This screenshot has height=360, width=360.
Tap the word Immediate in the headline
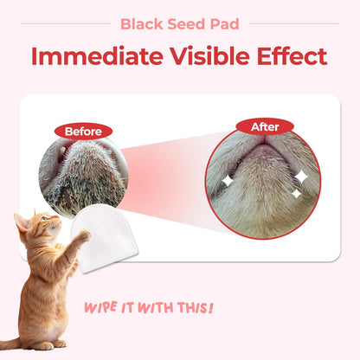(x=88, y=56)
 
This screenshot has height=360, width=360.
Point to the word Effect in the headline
(x=289, y=56)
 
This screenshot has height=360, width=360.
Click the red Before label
(x=82, y=132)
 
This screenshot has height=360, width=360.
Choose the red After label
(x=265, y=127)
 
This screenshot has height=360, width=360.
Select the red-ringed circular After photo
(x=263, y=178)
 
